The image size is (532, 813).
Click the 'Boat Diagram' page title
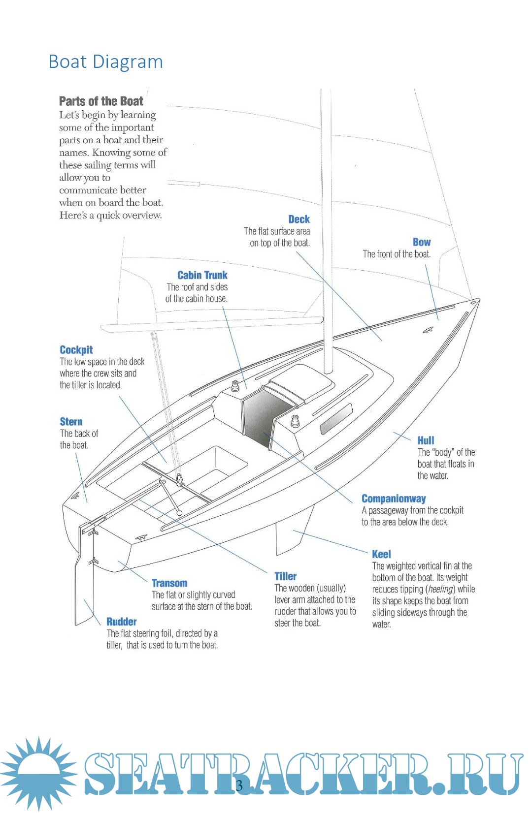(105, 62)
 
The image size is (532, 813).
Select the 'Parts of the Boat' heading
(101, 101)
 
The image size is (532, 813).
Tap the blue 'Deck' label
(299, 219)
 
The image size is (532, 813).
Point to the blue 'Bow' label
(422, 242)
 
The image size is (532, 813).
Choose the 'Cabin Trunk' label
(202, 275)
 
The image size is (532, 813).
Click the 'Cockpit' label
(76, 350)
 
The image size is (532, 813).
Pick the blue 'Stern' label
(71, 422)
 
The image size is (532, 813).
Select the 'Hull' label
(426, 440)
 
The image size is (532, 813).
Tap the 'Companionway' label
(394, 499)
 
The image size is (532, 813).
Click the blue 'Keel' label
(381, 554)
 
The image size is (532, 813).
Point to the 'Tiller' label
(286, 576)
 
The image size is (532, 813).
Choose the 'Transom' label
(169, 583)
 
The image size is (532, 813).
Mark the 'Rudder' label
(122, 622)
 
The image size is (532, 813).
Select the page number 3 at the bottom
(239, 785)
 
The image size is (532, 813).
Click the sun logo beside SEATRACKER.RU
(38, 773)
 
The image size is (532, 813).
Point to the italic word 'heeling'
(440, 589)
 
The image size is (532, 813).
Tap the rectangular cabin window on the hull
(336, 418)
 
